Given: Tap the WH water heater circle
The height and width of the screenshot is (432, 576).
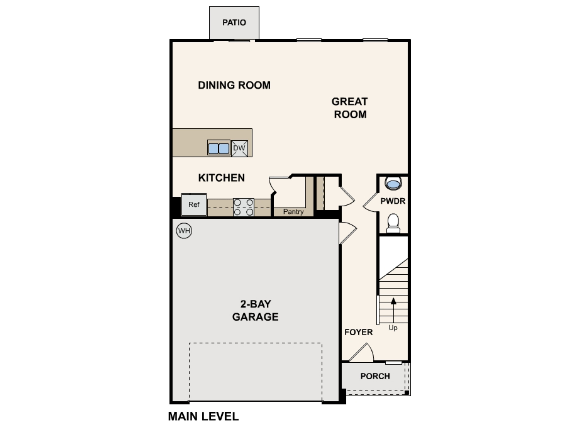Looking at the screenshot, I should (x=184, y=231).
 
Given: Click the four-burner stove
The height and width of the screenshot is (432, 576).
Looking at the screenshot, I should (x=244, y=207).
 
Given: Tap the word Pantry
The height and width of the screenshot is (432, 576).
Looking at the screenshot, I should (x=293, y=211).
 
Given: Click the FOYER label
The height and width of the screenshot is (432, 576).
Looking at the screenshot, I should (x=359, y=332).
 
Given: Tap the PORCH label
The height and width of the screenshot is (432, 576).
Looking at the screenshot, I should (x=375, y=376).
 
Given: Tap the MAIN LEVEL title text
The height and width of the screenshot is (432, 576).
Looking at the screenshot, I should (x=203, y=416).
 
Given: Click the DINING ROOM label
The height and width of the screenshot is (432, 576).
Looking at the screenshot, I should (x=234, y=85).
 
